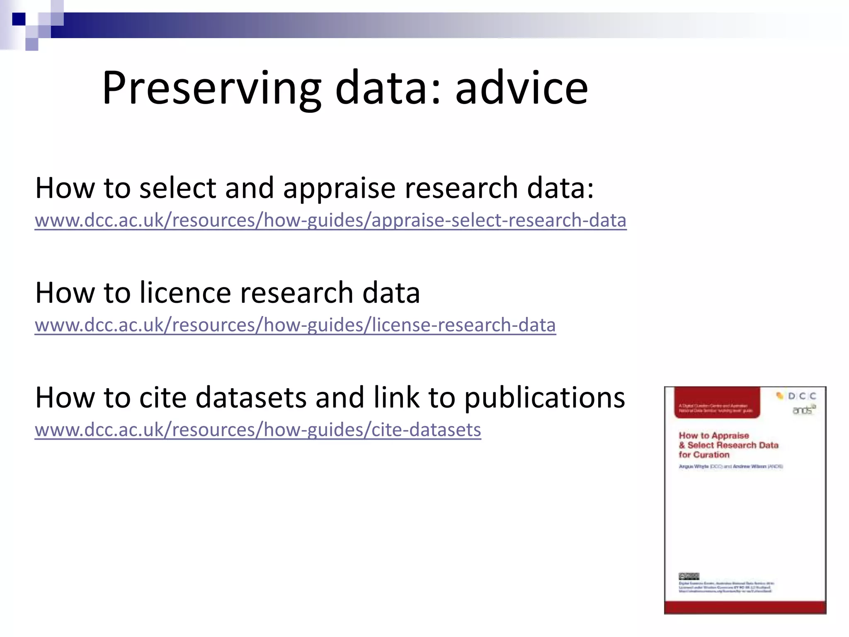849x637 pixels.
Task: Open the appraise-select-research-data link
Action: click(330, 220)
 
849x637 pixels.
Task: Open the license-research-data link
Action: click(295, 325)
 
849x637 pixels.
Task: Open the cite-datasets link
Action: click(258, 430)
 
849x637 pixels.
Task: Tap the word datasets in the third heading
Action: click(250, 397)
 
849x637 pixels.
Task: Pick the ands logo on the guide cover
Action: click(803, 410)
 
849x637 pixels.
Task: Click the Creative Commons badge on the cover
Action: click(689, 576)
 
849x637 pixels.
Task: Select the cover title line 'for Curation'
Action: click(703, 455)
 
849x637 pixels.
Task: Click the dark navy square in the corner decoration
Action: click(19, 19)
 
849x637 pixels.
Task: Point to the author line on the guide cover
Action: click(730, 467)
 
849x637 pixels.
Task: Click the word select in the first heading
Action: click(177, 188)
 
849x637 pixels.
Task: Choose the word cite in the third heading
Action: click(163, 397)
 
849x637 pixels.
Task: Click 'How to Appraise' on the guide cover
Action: click(713, 435)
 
